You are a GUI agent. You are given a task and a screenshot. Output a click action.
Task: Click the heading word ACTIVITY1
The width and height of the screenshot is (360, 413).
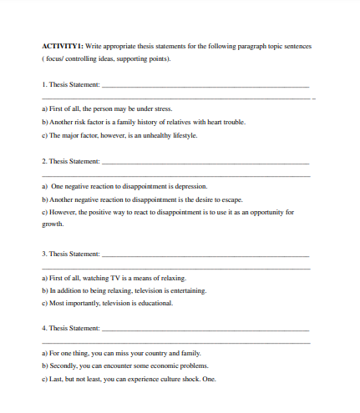[x=60, y=47]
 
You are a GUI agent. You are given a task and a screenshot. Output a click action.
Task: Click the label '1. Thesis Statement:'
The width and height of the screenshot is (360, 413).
[x=70, y=85]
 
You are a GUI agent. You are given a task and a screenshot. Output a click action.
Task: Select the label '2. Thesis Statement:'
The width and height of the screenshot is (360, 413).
[x=70, y=161]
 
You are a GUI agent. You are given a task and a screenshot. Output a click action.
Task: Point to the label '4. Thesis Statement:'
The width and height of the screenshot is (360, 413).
[x=70, y=329]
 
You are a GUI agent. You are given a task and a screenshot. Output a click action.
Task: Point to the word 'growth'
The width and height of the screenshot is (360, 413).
[x=52, y=224]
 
